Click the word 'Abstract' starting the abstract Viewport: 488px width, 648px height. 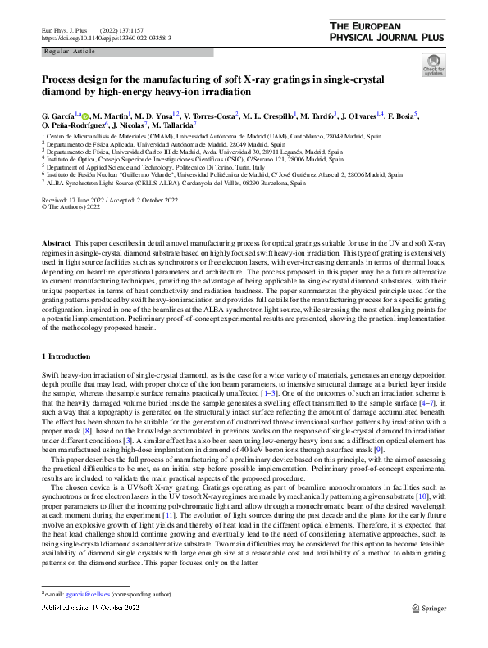pos(56,245)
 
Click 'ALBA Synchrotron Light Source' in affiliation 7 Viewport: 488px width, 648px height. pos(96,184)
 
